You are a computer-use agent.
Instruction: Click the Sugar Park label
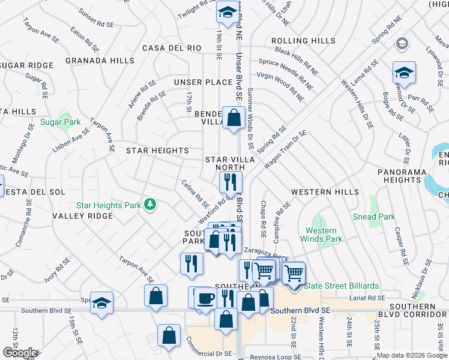point(60,122)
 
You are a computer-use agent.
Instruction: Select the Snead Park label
point(374,217)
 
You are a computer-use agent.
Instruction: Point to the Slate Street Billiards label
point(340,286)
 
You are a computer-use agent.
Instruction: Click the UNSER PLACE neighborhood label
point(203,82)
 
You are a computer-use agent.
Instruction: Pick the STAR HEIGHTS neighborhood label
point(157,151)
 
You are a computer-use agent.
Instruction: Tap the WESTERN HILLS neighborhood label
point(325,192)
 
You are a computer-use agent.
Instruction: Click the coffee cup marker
point(205,298)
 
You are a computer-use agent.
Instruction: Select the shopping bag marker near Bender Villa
point(232,116)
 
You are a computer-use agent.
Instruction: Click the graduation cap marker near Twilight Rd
point(228,13)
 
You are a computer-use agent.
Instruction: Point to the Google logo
point(20,353)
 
